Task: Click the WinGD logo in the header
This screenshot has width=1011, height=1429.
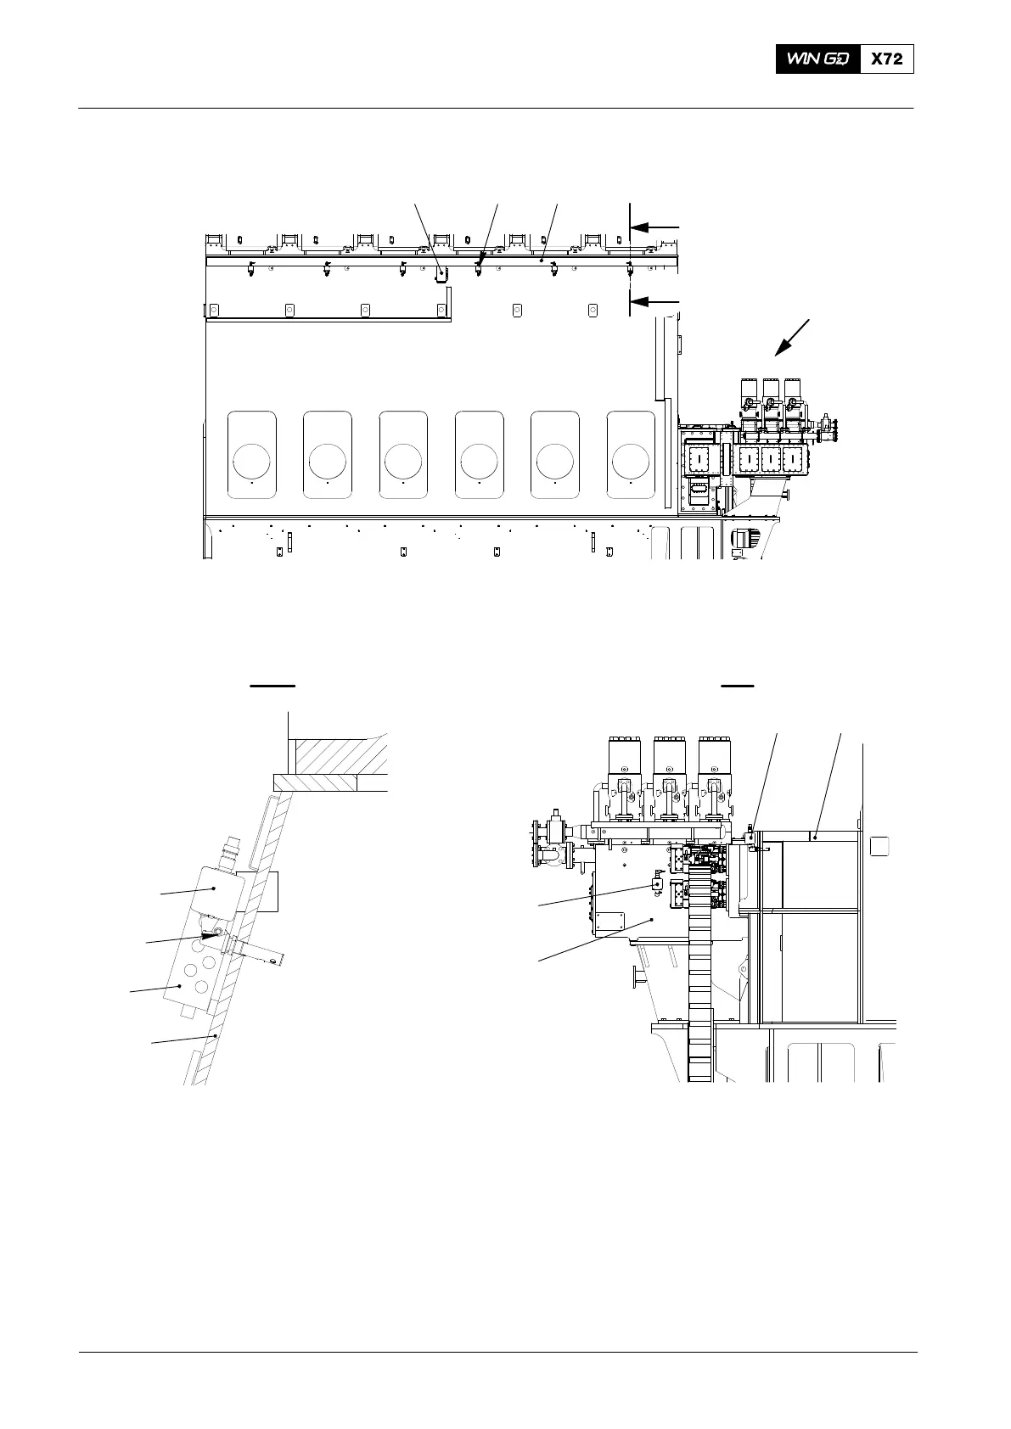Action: (817, 59)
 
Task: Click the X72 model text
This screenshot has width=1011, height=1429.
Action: (887, 59)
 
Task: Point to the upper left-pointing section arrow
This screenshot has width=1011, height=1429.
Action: (656, 227)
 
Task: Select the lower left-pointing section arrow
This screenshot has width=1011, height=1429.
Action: (656, 301)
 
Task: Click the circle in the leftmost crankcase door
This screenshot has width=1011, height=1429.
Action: (252, 461)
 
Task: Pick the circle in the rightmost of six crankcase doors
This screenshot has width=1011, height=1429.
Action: (631, 461)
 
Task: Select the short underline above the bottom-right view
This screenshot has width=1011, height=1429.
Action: (737, 683)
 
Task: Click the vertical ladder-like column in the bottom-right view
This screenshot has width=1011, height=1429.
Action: (699, 976)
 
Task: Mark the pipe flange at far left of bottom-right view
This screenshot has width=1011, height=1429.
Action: (536, 844)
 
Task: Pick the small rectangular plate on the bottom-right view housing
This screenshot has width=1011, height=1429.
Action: (609, 924)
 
